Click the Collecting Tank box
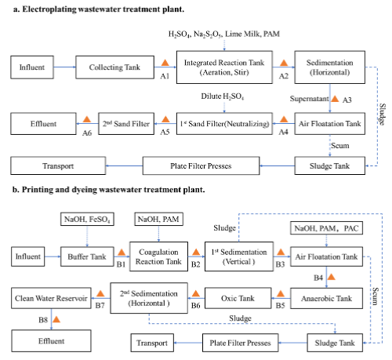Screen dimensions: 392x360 [114, 67]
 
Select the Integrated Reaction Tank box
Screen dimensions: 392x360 [224, 67]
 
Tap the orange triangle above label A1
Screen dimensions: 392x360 [165, 63]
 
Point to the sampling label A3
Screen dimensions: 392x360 [347, 100]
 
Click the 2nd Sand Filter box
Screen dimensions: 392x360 [126, 124]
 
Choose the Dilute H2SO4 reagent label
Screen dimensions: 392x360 [223, 96]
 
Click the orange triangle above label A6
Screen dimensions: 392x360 [87, 119]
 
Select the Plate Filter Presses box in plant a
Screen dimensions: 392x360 [201, 165]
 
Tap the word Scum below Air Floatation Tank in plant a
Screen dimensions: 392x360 [340, 146]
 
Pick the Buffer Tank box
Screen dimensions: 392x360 [87, 256]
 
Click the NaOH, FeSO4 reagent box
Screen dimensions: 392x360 [87, 219]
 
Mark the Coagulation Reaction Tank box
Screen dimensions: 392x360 [158, 256]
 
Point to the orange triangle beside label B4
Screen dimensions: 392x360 [332, 277]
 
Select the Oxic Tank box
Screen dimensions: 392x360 [238, 298]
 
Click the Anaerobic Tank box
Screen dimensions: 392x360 [326, 298]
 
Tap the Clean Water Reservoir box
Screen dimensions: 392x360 [51, 298]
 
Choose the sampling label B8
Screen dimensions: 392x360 [43, 320]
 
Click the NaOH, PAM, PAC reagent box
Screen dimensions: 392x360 [326, 228]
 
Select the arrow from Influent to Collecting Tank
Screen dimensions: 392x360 [64, 67]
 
